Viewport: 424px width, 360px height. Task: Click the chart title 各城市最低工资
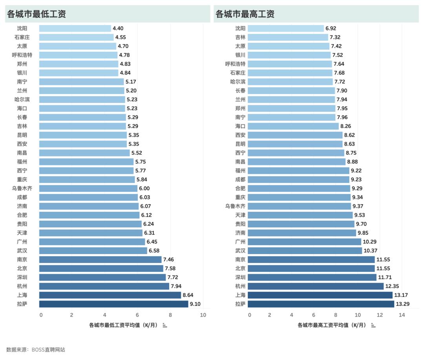[36, 14]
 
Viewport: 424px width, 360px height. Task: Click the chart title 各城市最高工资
[245, 14]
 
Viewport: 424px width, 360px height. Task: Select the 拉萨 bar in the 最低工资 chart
[113, 304]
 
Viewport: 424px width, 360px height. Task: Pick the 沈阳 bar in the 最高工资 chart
[285, 28]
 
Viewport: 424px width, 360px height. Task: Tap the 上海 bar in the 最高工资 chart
[320, 295]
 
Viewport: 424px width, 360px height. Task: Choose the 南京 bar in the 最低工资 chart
[100, 260]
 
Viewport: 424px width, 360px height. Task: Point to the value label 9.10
[195, 304]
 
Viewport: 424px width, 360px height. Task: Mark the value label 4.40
[118, 28]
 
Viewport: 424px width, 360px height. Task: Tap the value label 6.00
[144, 189]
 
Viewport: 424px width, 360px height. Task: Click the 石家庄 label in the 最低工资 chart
[22, 37]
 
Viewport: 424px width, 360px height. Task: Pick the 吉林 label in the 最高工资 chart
[240, 37]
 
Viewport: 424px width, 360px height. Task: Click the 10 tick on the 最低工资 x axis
[203, 315]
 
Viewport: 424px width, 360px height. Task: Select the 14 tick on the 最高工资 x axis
[402, 315]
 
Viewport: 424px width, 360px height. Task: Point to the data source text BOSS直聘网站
[36, 349]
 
